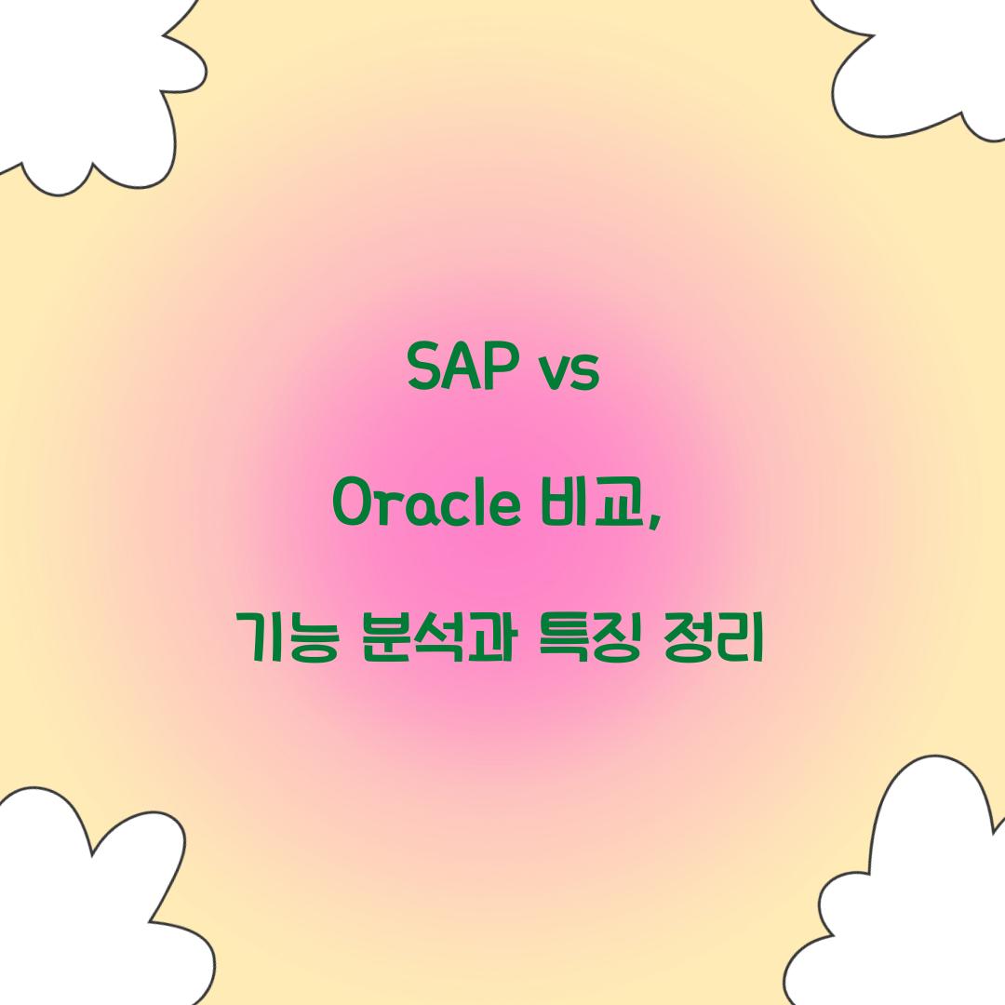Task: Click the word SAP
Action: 462,369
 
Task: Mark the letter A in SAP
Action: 462,369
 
